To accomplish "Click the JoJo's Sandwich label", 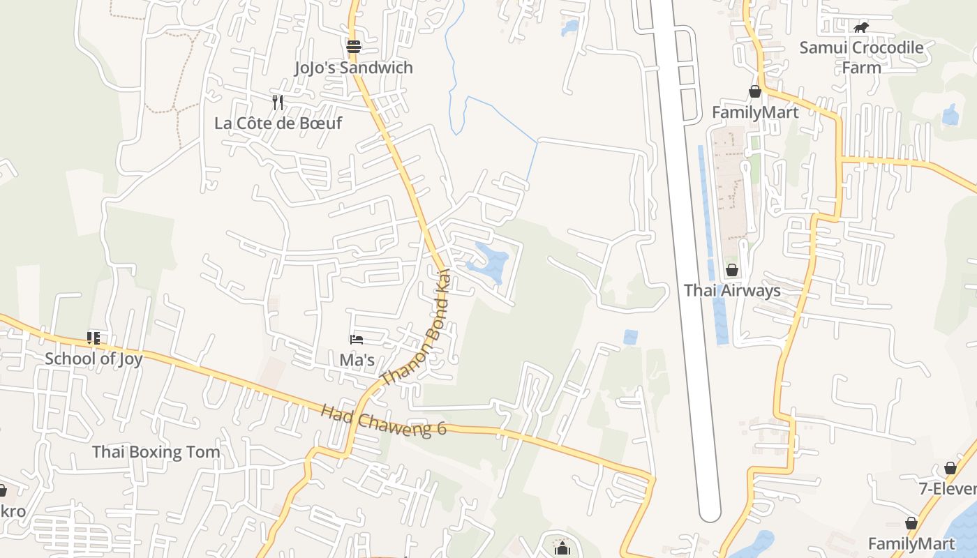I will (353, 68).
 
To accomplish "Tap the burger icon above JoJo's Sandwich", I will (354, 47).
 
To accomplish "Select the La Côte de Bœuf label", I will (278, 123).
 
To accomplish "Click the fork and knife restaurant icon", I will (278, 103).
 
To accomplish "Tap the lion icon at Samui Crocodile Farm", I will (861, 27).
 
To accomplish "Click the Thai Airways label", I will (732, 290).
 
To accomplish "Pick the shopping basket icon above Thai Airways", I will (732, 269).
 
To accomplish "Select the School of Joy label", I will (94, 359).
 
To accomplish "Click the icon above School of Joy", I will (94, 338).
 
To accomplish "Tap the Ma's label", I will (357, 360).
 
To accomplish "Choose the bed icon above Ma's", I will (357, 340).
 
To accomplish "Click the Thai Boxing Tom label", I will (156, 451).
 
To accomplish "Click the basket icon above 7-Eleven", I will (950, 468).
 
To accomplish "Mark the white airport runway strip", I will (687, 279).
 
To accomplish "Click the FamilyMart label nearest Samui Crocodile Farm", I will (755, 112).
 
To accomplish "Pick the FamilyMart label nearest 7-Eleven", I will (911, 543).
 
